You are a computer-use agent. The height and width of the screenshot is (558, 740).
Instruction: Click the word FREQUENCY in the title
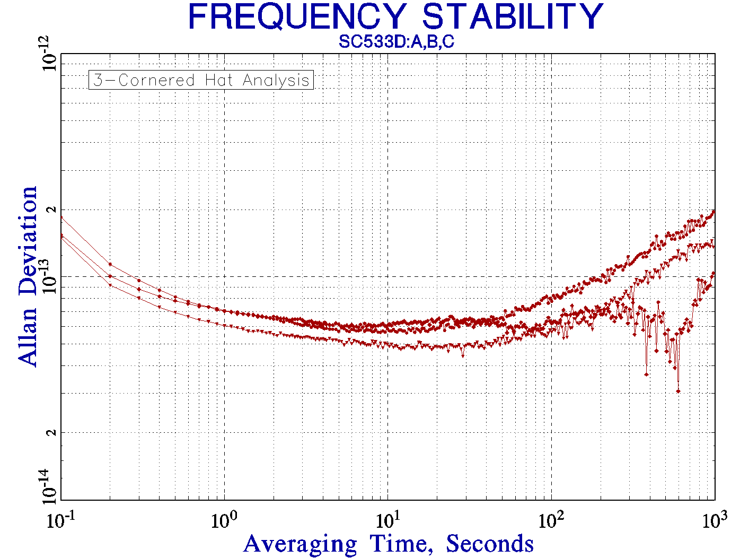(x=297, y=17)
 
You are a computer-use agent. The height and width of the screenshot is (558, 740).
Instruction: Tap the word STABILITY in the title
(x=512, y=17)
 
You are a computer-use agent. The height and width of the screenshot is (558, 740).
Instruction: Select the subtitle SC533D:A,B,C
(x=397, y=42)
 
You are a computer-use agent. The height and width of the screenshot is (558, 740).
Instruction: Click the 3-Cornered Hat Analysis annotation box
(x=201, y=80)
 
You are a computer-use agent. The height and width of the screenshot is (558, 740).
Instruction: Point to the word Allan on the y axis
(x=28, y=336)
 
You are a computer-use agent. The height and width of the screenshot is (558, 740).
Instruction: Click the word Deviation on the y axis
(x=28, y=241)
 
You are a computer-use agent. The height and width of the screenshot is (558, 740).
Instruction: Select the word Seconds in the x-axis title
(x=489, y=544)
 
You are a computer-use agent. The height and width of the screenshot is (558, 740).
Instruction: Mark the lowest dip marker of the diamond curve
(x=678, y=391)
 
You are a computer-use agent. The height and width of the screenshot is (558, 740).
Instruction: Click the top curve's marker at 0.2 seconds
(x=110, y=264)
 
